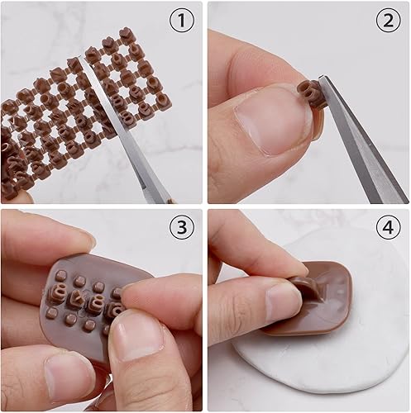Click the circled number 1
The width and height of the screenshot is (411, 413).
pos(182,20)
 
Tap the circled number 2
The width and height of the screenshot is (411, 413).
pos(389,20)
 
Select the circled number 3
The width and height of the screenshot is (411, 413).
pos(182,228)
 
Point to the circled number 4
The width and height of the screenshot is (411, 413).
pos(389,228)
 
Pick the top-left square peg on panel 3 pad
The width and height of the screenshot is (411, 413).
pos(61,274)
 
